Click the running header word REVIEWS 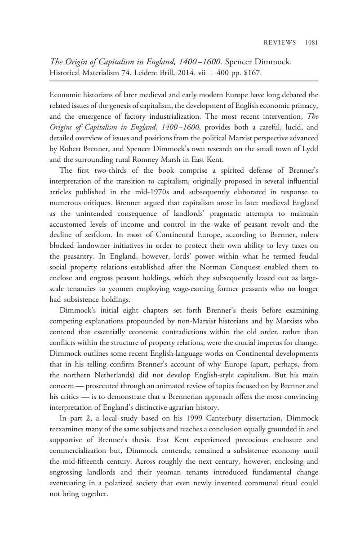click(280, 43)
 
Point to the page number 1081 click(311, 43)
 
